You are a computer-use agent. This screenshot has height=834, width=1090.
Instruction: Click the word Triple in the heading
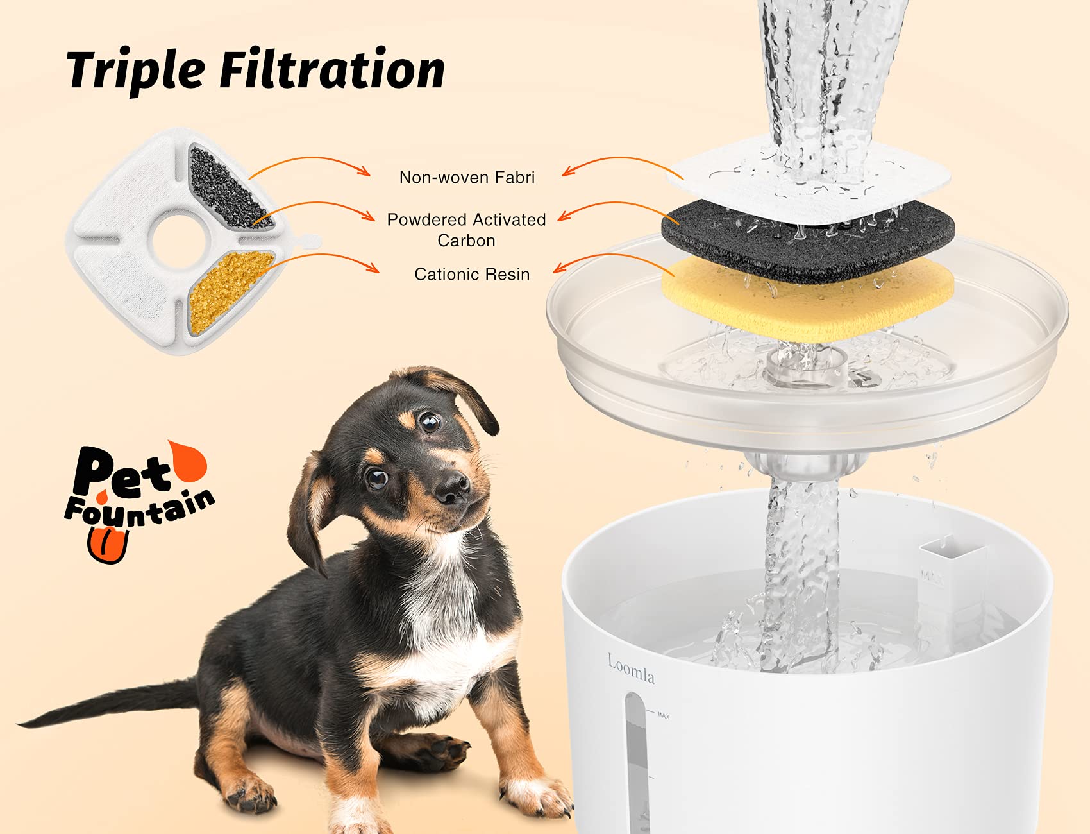136,71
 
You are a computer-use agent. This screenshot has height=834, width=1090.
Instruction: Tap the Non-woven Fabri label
467,178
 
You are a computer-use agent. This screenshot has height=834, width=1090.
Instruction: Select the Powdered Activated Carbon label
466,230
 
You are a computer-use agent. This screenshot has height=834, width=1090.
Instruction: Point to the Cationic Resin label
472,275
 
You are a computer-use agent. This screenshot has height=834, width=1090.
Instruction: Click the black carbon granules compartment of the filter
228,187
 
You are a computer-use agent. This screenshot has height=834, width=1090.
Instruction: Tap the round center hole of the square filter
179,241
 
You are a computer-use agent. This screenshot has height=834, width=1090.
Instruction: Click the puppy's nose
453,488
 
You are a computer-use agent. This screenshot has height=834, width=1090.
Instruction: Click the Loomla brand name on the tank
631,670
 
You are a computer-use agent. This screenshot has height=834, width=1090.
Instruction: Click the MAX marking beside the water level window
663,715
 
